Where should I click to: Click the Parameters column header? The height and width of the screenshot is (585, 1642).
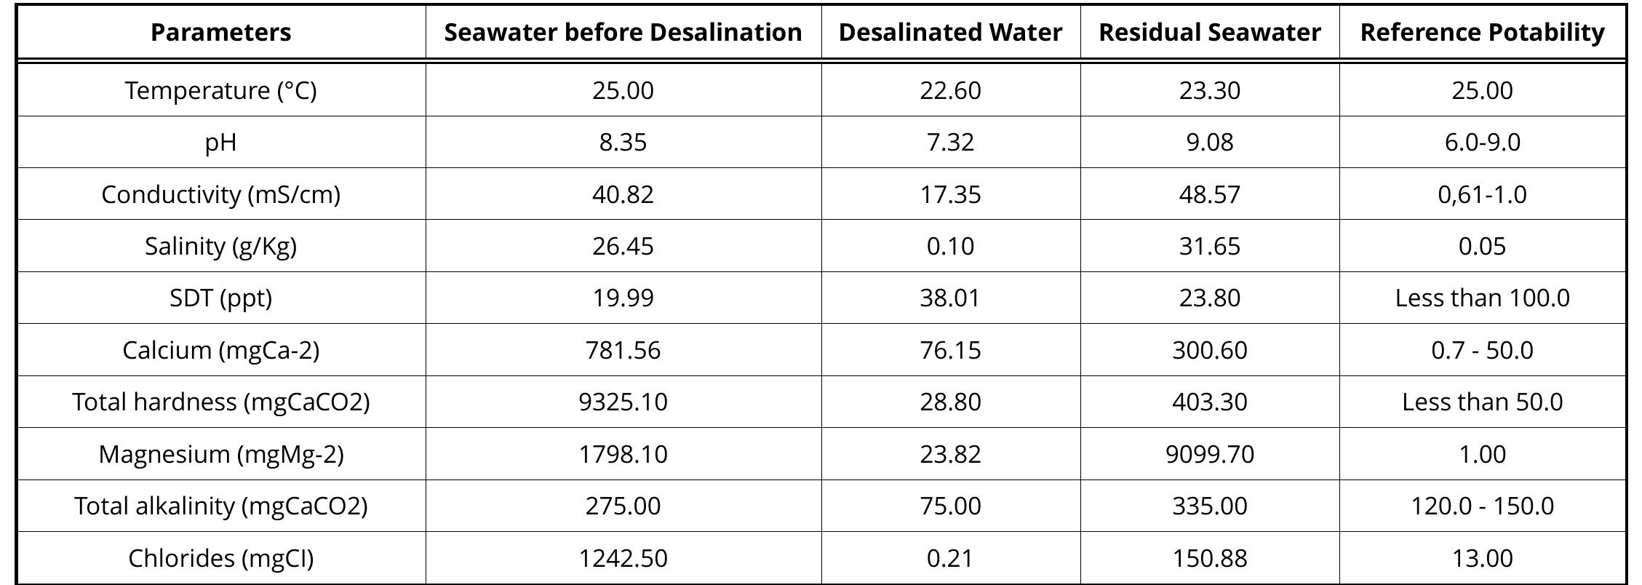(x=220, y=33)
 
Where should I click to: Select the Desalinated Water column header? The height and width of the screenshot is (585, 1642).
(x=950, y=33)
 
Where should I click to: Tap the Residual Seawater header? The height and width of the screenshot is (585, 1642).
(x=1209, y=33)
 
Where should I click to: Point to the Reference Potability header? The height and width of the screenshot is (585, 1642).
(x=1482, y=33)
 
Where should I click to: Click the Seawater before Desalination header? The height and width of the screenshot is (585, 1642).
(x=623, y=33)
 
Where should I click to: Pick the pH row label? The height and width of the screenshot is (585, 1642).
(x=220, y=142)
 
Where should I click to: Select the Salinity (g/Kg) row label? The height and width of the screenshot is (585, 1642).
(x=220, y=246)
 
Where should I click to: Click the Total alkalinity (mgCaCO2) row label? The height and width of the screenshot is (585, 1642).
(x=220, y=506)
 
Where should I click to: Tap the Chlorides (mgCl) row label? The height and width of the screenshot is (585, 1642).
(x=220, y=558)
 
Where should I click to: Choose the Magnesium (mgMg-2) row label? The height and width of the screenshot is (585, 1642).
(x=220, y=454)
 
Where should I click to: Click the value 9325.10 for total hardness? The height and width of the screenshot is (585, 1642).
(x=623, y=402)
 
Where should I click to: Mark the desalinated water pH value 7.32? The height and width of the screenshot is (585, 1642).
(x=950, y=142)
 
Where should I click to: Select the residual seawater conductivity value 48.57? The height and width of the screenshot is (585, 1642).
(x=1209, y=194)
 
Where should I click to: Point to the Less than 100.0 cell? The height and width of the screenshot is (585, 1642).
(x=1482, y=298)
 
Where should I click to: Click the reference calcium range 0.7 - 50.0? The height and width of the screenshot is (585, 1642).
(x=1482, y=350)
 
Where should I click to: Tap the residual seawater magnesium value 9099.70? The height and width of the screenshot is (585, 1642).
(x=1209, y=454)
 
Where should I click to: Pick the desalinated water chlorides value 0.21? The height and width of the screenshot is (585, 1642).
(x=950, y=558)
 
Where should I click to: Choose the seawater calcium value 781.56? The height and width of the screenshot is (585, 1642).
(x=623, y=350)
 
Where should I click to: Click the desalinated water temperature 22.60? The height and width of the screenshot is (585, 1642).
(x=950, y=90)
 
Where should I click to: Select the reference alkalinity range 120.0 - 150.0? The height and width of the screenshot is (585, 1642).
(x=1482, y=506)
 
